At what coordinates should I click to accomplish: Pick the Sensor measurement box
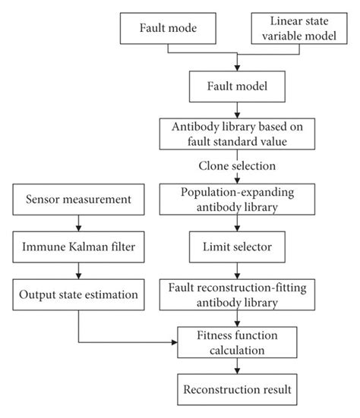pos(79,200)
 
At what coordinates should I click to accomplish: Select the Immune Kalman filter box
pos(79,247)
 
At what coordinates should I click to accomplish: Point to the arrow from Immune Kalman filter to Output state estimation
pos(79,271)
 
